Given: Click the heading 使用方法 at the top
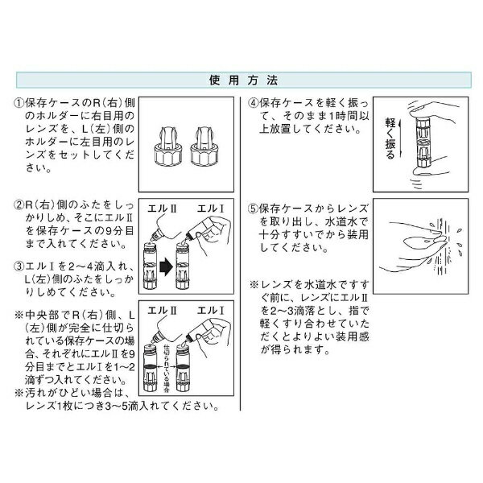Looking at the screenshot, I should click(x=241, y=81).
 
